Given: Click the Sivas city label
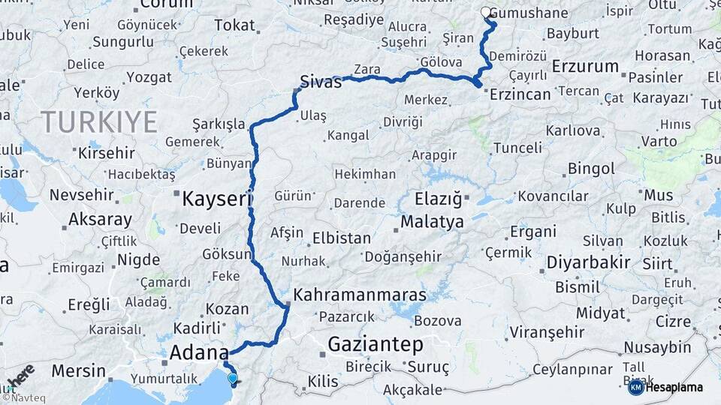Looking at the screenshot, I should (x=321, y=82).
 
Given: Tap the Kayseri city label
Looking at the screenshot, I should (x=215, y=199).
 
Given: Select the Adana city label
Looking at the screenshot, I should (x=200, y=352).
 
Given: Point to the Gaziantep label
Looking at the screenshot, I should (x=376, y=345).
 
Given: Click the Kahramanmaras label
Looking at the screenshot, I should (x=360, y=295).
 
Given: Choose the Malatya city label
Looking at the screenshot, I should (x=432, y=222).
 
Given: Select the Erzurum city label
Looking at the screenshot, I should (x=585, y=66).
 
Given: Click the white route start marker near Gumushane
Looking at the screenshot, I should (x=486, y=12).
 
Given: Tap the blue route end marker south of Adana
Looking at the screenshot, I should (x=233, y=379).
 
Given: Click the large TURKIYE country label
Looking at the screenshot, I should (x=99, y=121).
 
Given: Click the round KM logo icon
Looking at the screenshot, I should (x=635, y=387).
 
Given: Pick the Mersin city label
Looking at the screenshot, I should (x=79, y=370).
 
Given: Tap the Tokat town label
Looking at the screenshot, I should (x=234, y=25).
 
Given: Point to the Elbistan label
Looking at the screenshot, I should (x=341, y=238).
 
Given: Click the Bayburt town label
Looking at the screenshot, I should (x=572, y=33).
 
